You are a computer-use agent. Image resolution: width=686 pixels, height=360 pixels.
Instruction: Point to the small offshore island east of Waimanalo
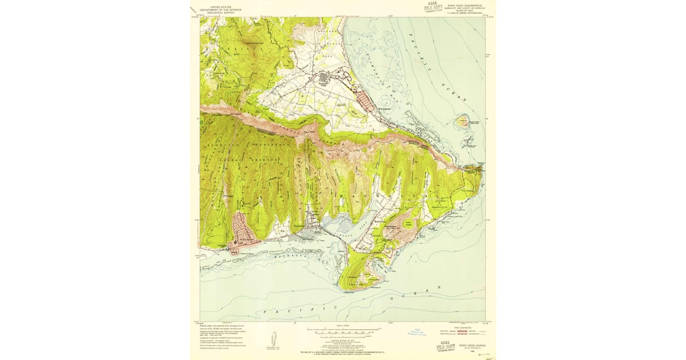point(462,122)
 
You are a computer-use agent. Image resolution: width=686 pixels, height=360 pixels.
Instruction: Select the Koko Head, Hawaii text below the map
point(469,345)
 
